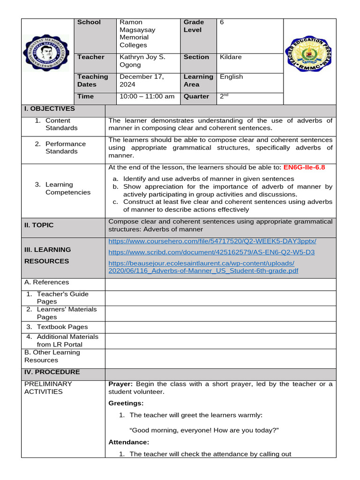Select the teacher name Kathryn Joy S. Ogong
point(136,61)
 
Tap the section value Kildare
point(231,57)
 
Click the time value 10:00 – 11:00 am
point(147,97)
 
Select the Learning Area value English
point(232,77)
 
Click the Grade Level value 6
point(222,22)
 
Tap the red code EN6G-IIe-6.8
point(304,167)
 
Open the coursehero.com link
point(212,241)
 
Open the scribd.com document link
point(211,252)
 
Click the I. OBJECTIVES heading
point(50,109)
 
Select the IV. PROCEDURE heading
point(52,372)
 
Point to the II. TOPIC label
point(39,225)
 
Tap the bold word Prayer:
point(120,384)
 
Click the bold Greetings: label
point(126,403)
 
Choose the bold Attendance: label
point(128,442)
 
